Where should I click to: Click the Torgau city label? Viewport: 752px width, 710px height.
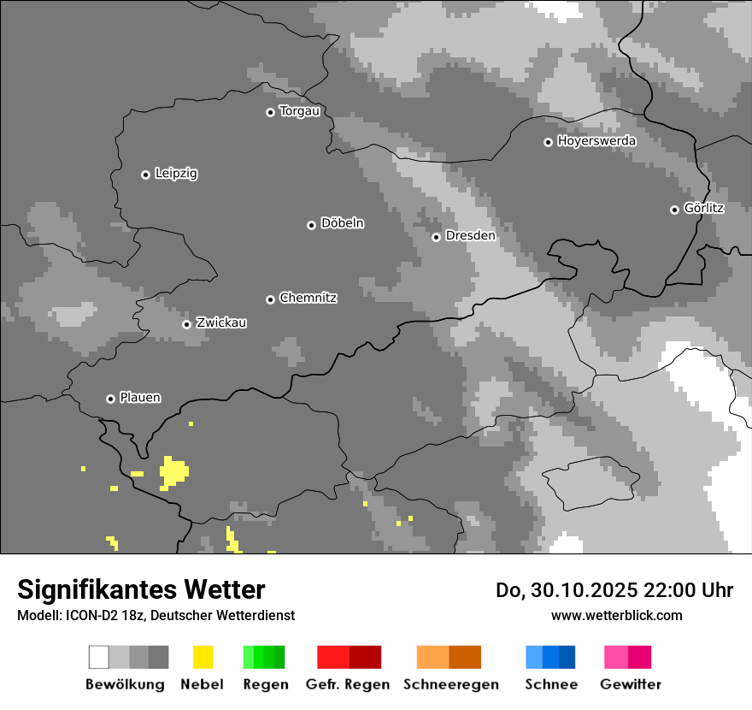[299, 111]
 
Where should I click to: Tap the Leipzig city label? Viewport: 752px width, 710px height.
[176, 174]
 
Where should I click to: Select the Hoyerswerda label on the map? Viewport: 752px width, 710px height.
[596, 141]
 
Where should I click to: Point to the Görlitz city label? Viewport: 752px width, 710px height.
[704, 208]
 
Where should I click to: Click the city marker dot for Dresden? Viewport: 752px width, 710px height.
[436, 237]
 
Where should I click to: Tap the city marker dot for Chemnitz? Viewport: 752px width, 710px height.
[271, 299]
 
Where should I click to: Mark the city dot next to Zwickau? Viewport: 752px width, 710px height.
[186, 324]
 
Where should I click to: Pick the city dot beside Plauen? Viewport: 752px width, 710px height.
[110, 399]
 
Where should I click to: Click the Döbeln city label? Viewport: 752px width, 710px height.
[342, 223]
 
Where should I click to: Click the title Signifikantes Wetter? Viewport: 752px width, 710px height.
[141, 589]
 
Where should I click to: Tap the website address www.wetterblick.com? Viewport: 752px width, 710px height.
[616, 615]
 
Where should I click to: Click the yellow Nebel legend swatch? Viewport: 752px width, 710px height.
[203, 657]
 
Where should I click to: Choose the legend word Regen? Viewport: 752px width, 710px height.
[266, 684]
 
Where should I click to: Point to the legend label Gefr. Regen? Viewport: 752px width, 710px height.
[348, 684]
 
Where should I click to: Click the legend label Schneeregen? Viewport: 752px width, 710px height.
[451, 684]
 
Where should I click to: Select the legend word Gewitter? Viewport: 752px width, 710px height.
[631, 684]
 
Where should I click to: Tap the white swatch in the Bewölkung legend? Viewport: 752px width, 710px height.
[99, 657]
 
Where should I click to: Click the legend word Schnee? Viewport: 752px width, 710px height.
[551, 684]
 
